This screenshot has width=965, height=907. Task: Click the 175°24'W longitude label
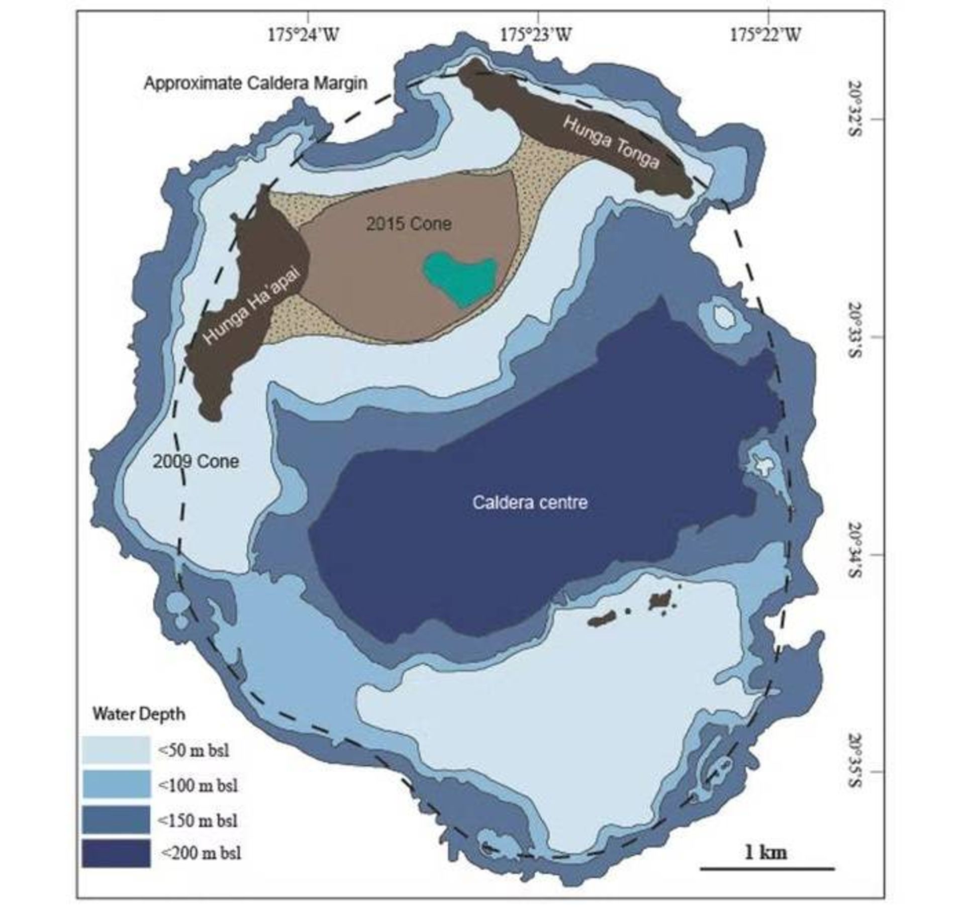click(303, 35)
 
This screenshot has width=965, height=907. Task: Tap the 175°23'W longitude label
click(536, 35)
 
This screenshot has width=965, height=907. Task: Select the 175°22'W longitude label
click(764, 35)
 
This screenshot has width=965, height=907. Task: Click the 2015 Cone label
click(408, 224)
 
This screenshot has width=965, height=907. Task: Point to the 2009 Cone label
click(196, 461)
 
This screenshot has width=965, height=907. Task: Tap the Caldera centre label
click(530, 502)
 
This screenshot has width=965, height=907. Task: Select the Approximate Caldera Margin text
click(255, 83)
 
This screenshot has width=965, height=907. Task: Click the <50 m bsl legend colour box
click(116, 750)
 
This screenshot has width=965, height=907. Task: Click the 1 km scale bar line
click(767, 868)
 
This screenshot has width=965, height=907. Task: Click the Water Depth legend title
click(139, 714)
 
